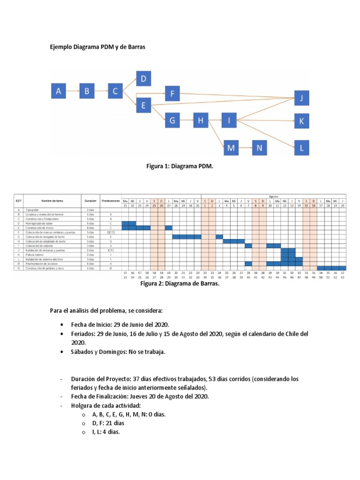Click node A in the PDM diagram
point(59,91)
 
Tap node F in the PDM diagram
point(172,94)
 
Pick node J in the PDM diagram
point(302,98)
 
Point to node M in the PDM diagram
point(231,149)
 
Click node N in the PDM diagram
point(260,149)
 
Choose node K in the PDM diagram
point(302,121)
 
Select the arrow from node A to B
point(73,91)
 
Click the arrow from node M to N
point(245,149)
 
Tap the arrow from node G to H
point(187,121)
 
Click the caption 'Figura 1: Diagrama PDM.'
point(180,166)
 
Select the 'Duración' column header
point(90,201)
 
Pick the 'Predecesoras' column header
point(111,201)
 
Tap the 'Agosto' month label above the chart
point(273,196)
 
